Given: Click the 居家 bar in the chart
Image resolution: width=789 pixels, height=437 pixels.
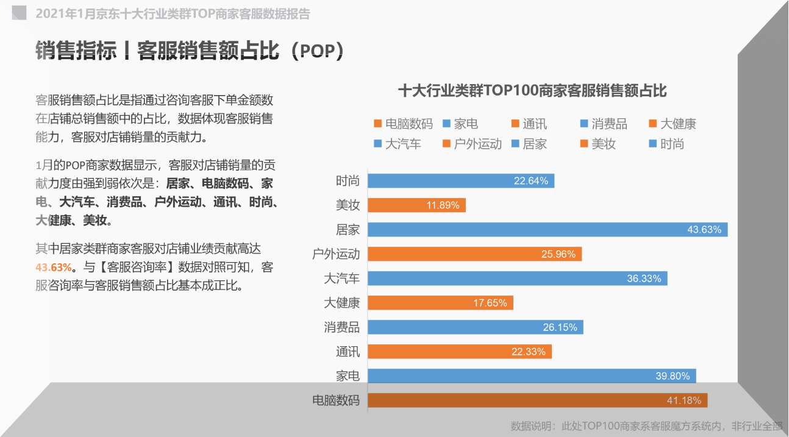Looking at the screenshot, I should (548, 230).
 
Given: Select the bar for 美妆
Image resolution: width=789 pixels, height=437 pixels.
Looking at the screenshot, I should (416, 205).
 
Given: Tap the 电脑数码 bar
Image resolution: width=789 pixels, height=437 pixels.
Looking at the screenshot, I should (537, 400).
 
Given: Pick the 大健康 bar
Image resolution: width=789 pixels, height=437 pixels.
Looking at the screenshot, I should (440, 303).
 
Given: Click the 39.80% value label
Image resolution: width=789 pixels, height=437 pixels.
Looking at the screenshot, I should (673, 376).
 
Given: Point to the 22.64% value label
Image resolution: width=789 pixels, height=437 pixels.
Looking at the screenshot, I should (530, 181).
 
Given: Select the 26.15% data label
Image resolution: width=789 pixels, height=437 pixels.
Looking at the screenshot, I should (560, 327).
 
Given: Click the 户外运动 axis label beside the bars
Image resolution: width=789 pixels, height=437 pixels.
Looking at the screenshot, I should (336, 254).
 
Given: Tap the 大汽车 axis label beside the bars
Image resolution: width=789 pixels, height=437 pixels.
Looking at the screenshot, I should (341, 279).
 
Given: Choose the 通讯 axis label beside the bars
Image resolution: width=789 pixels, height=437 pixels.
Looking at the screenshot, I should (348, 352).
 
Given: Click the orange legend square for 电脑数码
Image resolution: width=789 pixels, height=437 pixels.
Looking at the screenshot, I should (377, 124).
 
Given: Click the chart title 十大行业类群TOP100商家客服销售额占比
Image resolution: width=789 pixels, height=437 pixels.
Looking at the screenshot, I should (532, 91).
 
